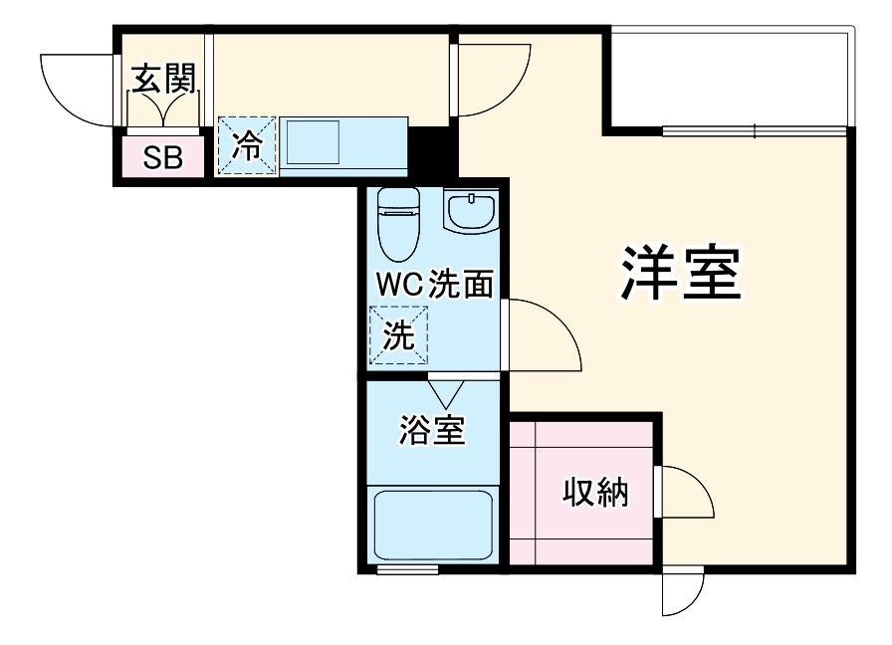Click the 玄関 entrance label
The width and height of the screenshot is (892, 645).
164,79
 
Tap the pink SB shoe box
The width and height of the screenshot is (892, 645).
163,156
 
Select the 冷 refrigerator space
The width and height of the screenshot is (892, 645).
247,145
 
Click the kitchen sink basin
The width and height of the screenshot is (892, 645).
313,142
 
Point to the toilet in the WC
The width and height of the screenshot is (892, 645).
399,223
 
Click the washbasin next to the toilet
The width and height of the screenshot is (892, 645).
472,210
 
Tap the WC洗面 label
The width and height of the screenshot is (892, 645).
435,284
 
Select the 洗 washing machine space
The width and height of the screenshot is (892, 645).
398,335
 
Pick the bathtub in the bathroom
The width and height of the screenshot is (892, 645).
433,525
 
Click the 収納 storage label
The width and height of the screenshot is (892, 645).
595,493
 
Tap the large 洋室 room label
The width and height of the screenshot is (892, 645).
681,273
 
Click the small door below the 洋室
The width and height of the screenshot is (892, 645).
683,591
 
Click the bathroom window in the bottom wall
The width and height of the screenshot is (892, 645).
408,568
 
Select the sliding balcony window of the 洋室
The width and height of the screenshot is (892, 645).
755,131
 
